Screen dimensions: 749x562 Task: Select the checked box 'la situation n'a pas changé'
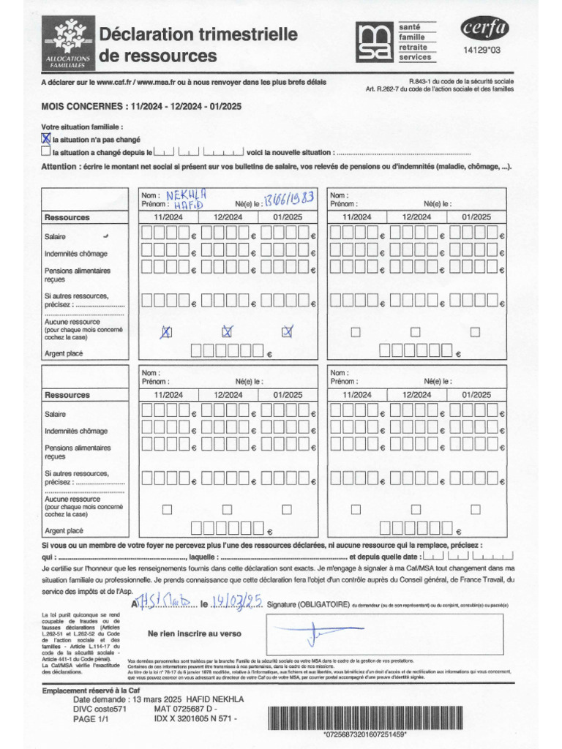pos(46,138)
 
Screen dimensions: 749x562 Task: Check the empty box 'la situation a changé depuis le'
pos(46,152)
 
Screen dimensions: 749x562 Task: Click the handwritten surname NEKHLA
pos(187,195)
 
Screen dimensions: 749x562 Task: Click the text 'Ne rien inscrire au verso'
pos(195,633)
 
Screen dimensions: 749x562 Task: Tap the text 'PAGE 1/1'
pos(91,719)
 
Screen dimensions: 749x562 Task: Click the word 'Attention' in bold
pos(59,166)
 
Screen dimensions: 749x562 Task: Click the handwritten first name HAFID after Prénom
pos(186,206)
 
